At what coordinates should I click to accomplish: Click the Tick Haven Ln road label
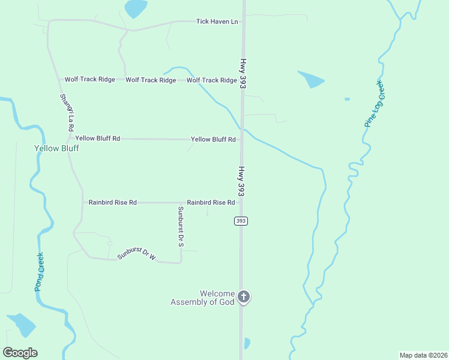[x=217, y=22]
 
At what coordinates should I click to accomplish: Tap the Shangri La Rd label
[x=66, y=113]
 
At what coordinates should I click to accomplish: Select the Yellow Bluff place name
[x=56, y=148]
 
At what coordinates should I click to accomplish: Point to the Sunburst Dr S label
[x=180, y=227]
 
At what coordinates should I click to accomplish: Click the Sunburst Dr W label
[x=136, y=254]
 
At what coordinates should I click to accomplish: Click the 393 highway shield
[x=241, y=221]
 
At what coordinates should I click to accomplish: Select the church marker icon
[x=244, y=296]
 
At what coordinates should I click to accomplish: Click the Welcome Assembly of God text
[x=203, y=298]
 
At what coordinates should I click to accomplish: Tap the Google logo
[x=20, y=353]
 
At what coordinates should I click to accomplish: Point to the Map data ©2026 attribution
[x=423, y=355]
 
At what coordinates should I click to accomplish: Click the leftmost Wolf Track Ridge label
[x=89, y=80]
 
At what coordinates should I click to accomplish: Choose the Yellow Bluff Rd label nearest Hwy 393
[x=213, y=139]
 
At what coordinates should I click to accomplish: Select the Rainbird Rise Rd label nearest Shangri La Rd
[x=113, y=203]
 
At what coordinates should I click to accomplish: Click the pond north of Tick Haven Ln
[x=136, y=8]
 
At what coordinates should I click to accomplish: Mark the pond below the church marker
[x=247, y=343]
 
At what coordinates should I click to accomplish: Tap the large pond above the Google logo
[x=22, y=324]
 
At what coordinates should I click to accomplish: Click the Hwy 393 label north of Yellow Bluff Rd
[x=243, y=74]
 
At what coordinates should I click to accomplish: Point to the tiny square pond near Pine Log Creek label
[x=347, y=99]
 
